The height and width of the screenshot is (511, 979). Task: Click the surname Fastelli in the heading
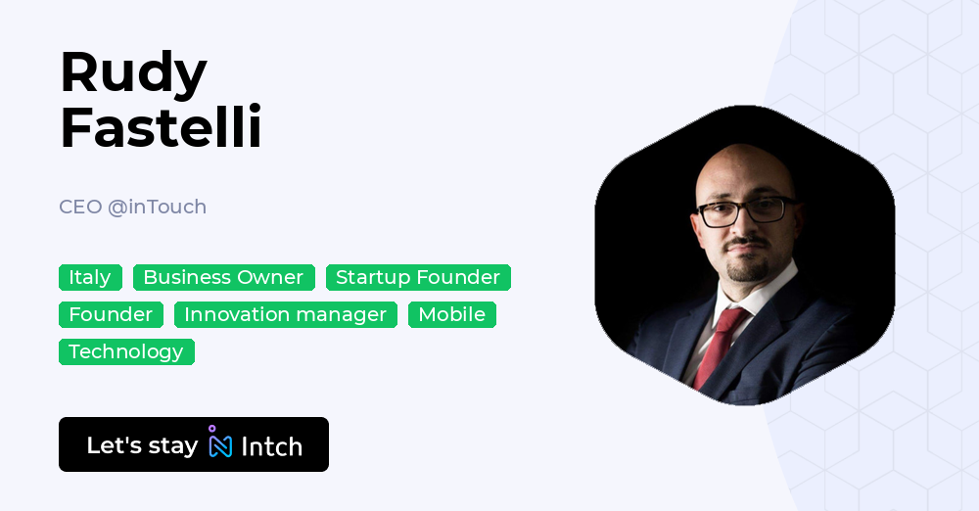tap(161, 127)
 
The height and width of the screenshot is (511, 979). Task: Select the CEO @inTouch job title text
tap(132, 207)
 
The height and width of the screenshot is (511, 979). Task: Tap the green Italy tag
tap(90, 278)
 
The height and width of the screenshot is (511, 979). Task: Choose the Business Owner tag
tap(223, 278)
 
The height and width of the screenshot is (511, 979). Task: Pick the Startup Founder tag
tap(418, 278)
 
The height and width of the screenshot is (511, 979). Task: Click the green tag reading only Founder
tap(111, 314)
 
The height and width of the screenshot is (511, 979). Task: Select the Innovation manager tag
tap(285, 314)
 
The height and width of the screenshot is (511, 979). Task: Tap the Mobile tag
tap(451, 314)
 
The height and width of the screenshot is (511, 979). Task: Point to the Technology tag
tap(126, 351)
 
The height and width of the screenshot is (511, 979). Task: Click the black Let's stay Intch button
tap(194, 444)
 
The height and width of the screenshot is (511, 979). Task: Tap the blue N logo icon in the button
tap(220, 444)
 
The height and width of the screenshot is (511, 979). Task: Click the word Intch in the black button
tap(271, 446)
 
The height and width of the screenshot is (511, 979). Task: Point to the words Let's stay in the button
tap(142, 445)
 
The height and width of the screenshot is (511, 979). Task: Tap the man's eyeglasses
tap(745, 209)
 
